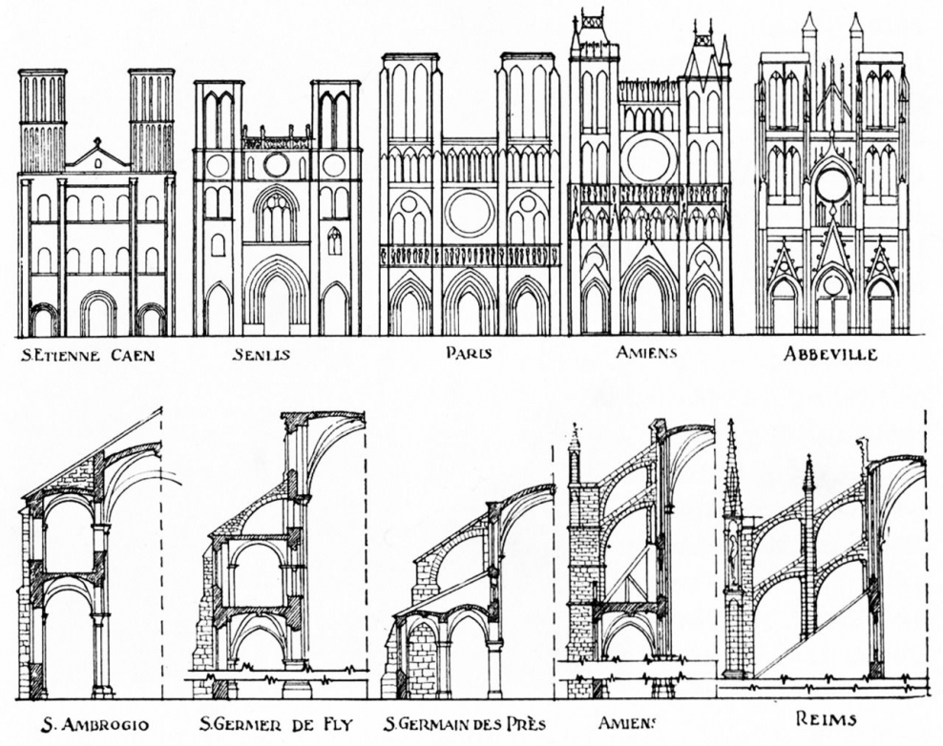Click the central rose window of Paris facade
pos(470,212)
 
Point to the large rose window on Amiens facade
pos(648,158)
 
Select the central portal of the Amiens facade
pos(649,300)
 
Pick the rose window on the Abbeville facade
pos(832,184)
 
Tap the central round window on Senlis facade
pos(277,165)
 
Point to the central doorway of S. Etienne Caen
pos(97,315)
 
